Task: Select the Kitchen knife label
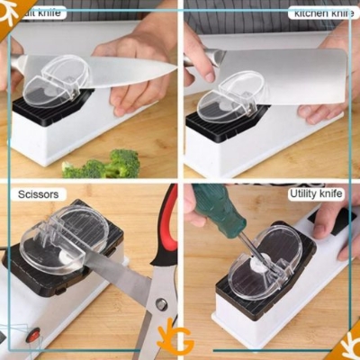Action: pos(321,13)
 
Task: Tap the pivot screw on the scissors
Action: pos(162,304)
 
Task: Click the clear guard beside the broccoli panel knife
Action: pos(54,81)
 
